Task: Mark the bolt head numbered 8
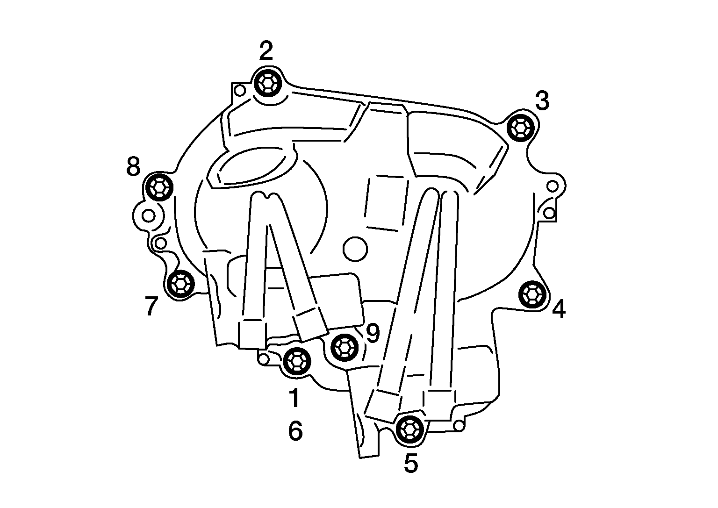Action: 159,187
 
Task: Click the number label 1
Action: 294,397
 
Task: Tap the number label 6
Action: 295,431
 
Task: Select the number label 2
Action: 266,50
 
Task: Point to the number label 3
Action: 542,100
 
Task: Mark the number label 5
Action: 411,463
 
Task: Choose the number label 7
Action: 151,306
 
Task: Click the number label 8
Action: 133,166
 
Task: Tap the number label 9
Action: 373,333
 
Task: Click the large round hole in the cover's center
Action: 355,249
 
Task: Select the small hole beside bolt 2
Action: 239,90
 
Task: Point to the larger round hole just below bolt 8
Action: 148,216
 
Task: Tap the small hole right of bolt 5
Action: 459,426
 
